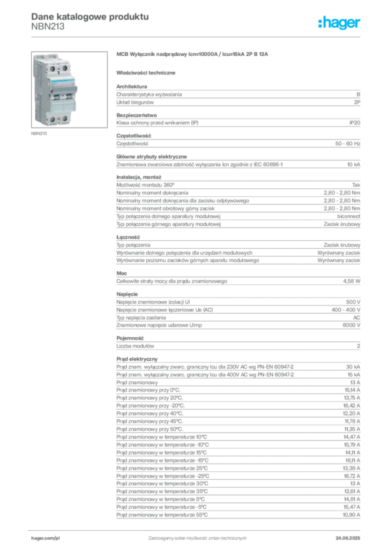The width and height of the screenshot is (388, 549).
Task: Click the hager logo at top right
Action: click(x=339, y=23)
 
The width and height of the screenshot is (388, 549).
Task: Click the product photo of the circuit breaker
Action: click(x=69, y=90)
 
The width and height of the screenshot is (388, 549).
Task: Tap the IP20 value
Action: click(x=354, y=123)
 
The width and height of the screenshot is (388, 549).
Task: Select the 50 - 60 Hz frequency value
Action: click(x=347, y=144)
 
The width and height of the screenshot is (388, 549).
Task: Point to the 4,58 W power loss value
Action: click(x=351, y=281)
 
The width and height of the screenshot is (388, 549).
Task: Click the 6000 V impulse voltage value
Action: click(x=351, y=325)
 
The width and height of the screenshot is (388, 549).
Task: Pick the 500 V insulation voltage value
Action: click(x=353, y=302)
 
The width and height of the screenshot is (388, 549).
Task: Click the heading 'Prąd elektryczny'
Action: click(x=137, y=359)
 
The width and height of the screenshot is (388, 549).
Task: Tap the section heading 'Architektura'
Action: click(x=131, y=86)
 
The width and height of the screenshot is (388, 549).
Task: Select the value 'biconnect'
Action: click(x=348, y=217)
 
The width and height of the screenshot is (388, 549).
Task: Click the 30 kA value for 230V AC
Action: click(x=353, y=367)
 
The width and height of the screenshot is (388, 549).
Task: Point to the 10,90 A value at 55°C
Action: click(x=351, y=515)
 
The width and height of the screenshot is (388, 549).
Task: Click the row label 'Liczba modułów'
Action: click(x=135, y=346)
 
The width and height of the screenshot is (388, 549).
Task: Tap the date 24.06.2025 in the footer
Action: click(x=348, y=538)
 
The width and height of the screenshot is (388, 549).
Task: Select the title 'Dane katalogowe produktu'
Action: click(x=90, y=17)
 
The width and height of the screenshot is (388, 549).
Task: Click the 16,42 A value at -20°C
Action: click(x=351, y=406)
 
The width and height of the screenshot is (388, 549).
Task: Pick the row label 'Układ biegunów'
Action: click(x=135, y=102)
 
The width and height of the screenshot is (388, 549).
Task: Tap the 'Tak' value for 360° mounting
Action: click(x=356, y=185)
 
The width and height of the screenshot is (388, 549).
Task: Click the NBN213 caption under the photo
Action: click(x=39, y=133)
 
